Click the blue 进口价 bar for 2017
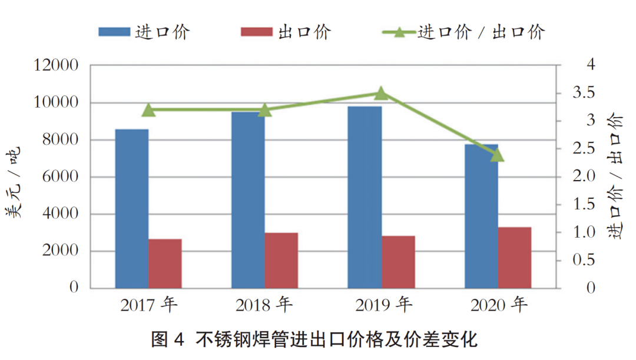tap(131, 209)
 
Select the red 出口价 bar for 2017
tap(165, 264)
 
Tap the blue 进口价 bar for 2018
tap(248, 200)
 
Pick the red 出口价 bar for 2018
tap(281, 261)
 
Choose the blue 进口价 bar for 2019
tap(365, 197)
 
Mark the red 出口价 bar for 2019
tap(397, 262)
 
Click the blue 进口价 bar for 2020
tap(481, 216)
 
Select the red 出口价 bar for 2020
tap(514, 258)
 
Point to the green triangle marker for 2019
tap(381, 94)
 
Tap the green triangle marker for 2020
tap(497, 155)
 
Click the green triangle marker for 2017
tap(148, 110)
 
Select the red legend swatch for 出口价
tap(257, 32)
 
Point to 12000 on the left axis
tap(57, 65)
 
